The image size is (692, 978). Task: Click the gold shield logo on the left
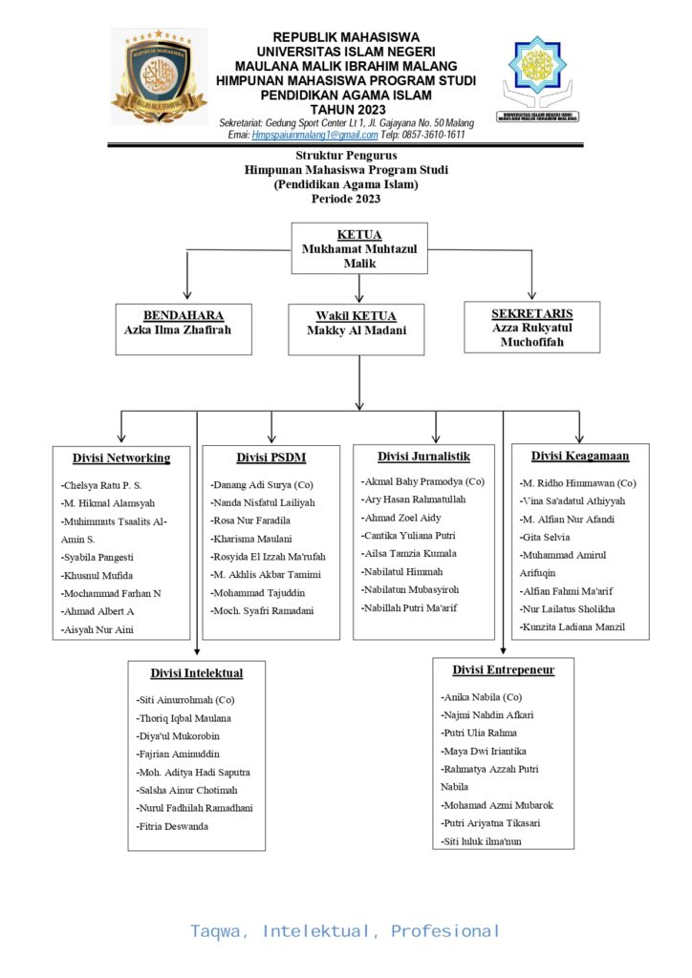[x=158, y=76]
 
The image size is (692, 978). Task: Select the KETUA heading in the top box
[x=359, y=235]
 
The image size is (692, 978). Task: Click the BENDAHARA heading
[x=184, y=315]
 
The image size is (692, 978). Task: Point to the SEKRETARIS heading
[x=531, y=313]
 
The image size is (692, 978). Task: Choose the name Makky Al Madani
[x=356, y=331]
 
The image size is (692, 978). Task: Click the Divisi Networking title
[x=121, y=458]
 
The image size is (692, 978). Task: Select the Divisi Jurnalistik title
[x=423, y=457]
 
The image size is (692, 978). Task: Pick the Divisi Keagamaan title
[x=580, y=457]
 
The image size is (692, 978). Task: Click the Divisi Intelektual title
[x=197, y=673]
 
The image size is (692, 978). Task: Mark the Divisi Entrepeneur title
[x=504, y=670]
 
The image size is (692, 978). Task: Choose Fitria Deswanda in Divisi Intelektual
[x=173, y=826]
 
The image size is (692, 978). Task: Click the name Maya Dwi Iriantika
[x=485, y=752]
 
